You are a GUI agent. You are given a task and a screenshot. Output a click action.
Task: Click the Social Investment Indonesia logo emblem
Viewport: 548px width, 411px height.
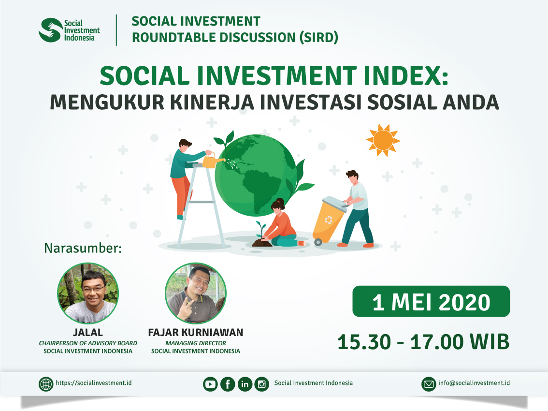51,30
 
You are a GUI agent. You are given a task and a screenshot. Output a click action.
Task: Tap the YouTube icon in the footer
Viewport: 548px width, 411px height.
210,384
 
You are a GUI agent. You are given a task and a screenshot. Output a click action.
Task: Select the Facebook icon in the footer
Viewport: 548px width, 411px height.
228,384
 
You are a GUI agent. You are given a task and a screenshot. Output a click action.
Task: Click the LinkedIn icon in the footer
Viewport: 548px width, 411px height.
245,384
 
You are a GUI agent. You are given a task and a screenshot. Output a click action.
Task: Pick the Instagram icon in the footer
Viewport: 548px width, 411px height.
262,384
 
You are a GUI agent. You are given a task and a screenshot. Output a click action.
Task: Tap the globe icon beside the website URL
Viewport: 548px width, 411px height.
46,384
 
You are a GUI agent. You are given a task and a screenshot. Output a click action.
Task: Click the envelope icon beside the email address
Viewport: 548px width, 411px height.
429,384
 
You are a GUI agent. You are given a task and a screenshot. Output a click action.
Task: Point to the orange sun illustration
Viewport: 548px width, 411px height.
383,140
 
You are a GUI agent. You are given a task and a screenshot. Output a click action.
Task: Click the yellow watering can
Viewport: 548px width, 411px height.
212,160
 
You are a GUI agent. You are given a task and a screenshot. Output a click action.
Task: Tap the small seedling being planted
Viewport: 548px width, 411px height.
261,230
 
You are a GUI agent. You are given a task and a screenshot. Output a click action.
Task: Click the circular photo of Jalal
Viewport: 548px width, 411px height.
88,293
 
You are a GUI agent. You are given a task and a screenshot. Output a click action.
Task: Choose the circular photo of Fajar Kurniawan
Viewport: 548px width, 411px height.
196,293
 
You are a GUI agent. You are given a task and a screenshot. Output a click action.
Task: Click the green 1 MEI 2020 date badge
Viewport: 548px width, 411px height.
431,302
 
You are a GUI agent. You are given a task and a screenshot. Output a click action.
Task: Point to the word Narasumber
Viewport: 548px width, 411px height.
83,248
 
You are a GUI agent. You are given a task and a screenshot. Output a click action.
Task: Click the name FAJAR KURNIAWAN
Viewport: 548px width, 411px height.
196,332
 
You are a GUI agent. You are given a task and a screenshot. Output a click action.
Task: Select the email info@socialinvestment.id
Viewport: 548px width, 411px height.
474,383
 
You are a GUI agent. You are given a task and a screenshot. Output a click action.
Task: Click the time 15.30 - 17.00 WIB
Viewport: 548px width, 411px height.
424,342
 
